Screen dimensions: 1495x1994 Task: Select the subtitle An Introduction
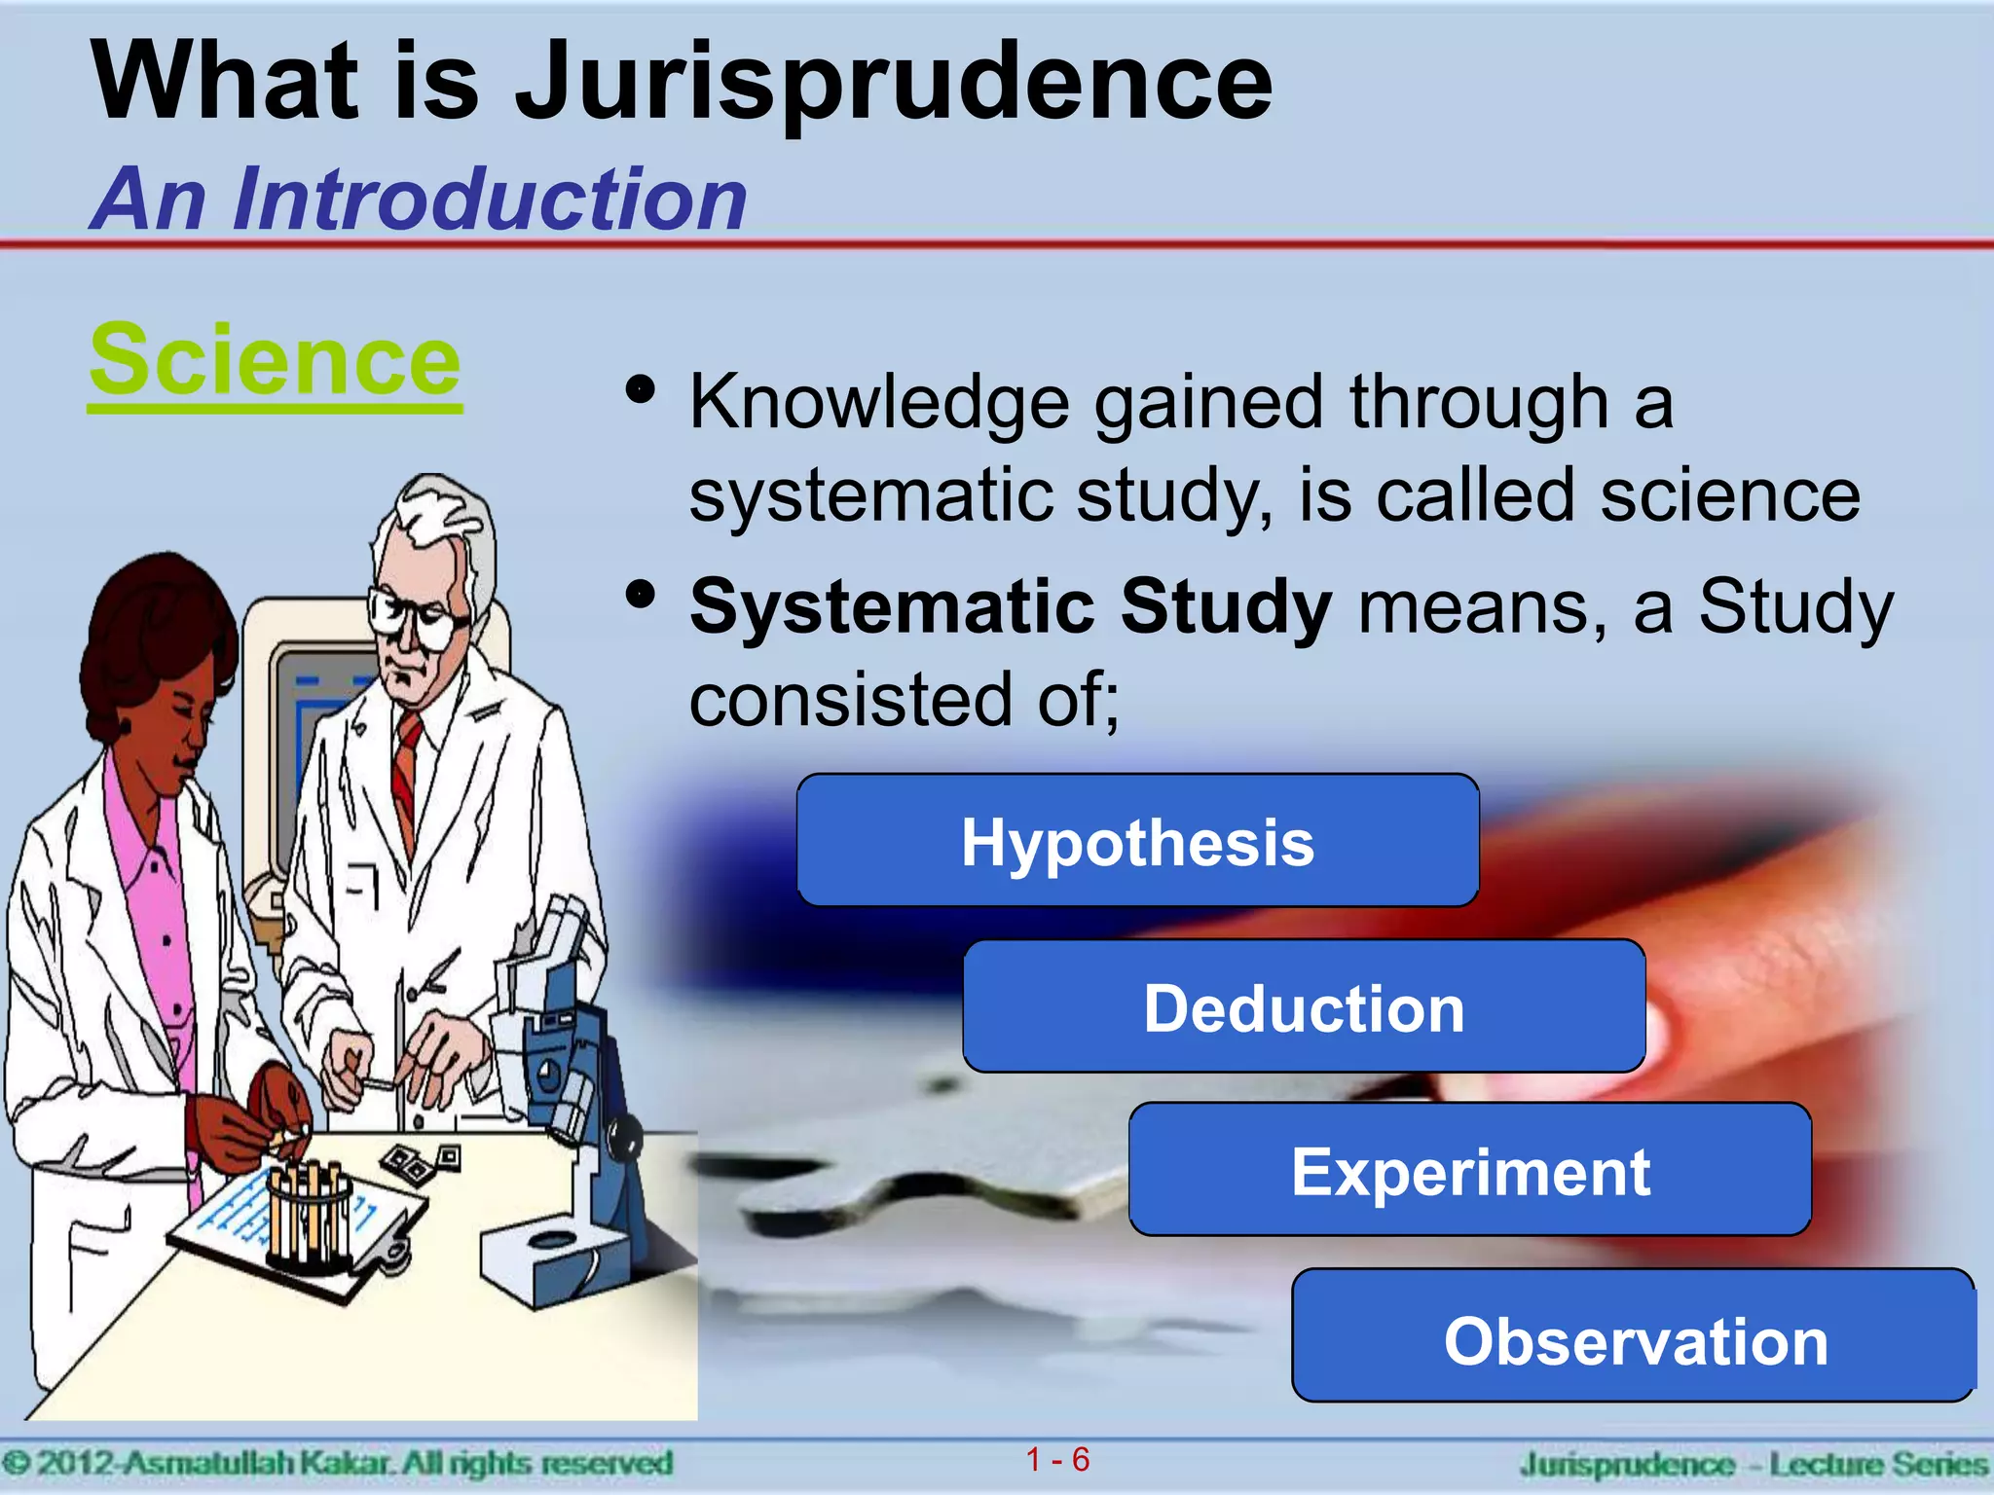coord(419,200)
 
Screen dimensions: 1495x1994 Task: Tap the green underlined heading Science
coord(275,361)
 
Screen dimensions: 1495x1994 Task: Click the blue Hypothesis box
coord(1137,842)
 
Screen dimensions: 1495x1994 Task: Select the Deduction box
coord(1304,1007)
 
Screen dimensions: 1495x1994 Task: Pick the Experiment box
coord(1470,1171)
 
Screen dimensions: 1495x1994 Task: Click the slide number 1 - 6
coord(1057,1460)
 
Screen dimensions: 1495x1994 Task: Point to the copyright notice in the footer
coord(337,1463)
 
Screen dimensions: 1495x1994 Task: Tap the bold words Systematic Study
coord(1010,605)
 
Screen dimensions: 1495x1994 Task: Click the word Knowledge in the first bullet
coord(879,402)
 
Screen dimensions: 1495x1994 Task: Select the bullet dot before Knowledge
coord(640,391)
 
